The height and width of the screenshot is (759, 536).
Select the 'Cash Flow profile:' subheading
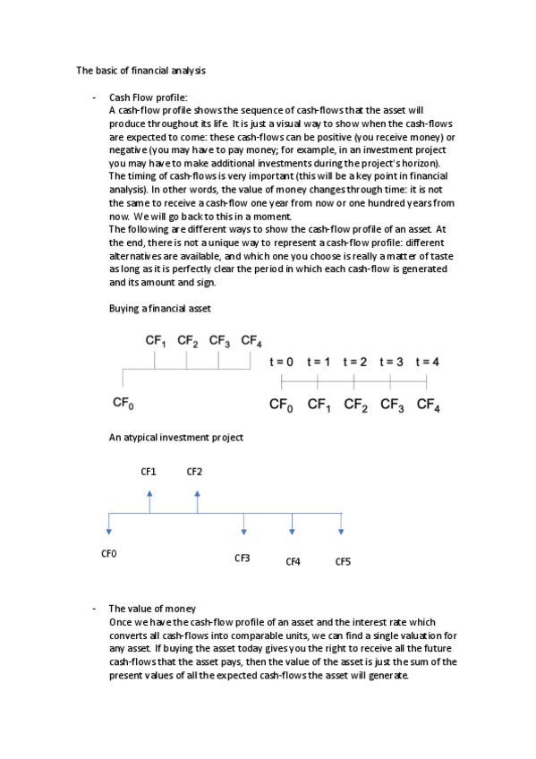pyautogui.click(x=148, y=98)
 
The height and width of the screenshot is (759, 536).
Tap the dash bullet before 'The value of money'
pyautogui.click(x=94, y=608)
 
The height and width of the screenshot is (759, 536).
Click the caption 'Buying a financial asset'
pyautogui.click(x=159, y=309)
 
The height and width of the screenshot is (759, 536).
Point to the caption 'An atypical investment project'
pyautogui.click(x=175, y=438)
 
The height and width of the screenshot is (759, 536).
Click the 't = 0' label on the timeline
pyautogui.click(x=281, y=362)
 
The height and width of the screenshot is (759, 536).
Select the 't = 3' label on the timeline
pyautogui.click(x=391, y=362)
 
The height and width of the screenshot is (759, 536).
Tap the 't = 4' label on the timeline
pyautogui.click(x=428, y=362)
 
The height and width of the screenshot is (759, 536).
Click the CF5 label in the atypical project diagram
pyautogui.click(x=343, y=562)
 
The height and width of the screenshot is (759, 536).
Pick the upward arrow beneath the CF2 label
pyautogui.click(x=197, y=500)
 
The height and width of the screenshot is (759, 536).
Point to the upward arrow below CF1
pyautogui.click(x=149, y=500)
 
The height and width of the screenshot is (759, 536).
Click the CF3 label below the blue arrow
pyautogui.click(x=242, y=558)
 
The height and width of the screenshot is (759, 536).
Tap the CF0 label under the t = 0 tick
pyautogui.click(x=281, y=405)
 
